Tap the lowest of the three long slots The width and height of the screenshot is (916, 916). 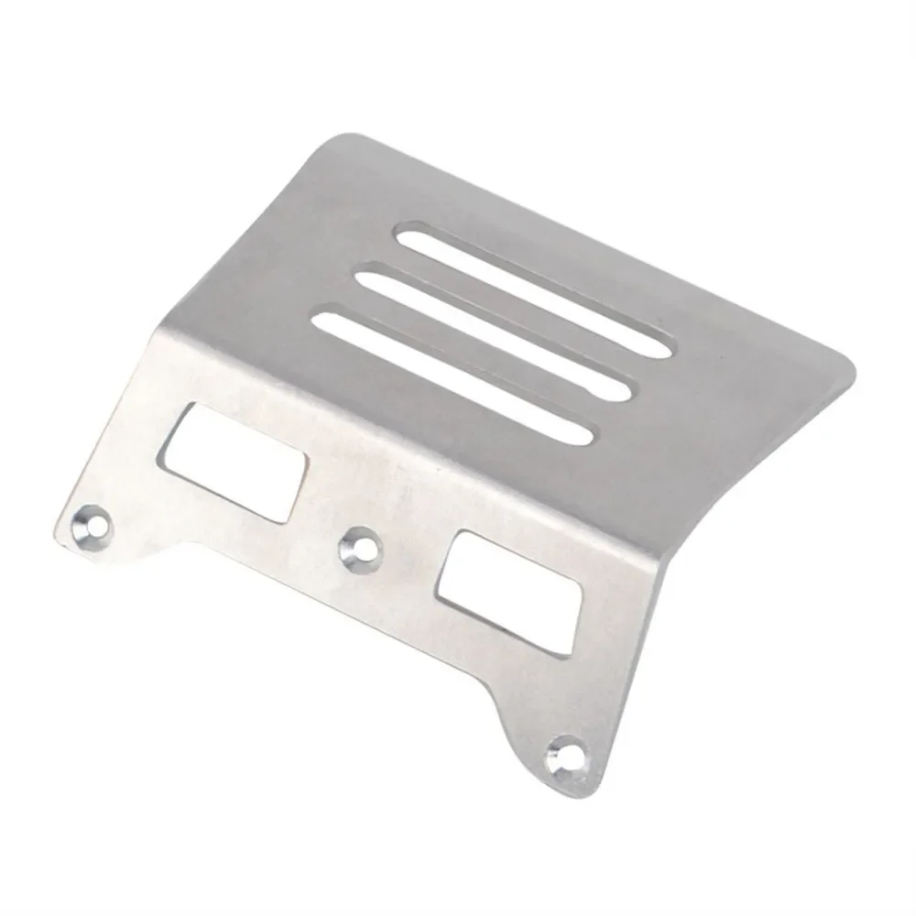[x=453, y=377]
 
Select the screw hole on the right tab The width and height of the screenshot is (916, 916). [x=565, y=756]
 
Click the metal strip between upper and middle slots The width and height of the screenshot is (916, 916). [x=513, y=309]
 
